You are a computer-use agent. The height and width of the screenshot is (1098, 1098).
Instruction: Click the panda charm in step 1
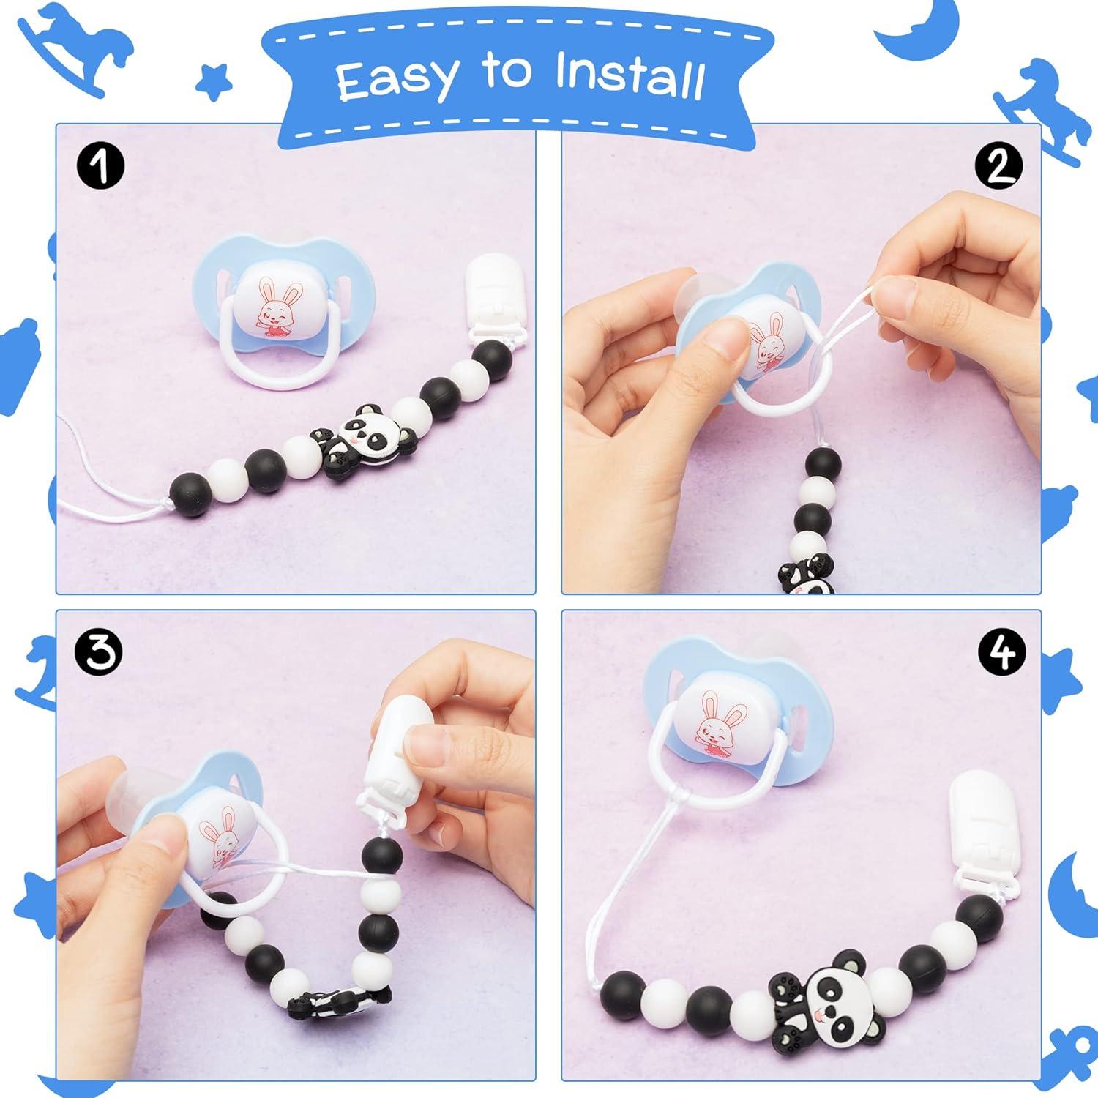click(366, 444)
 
